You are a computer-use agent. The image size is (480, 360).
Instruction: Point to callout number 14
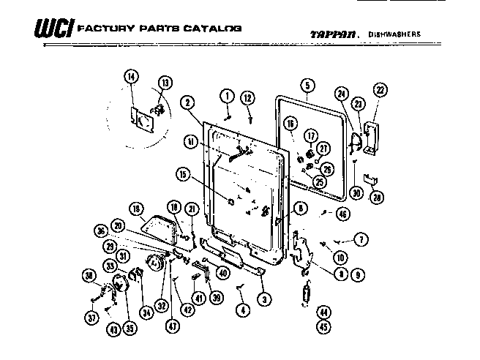coord(130,77)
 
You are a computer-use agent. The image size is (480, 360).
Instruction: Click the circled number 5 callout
coord(307,85)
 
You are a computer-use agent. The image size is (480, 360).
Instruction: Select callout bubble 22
coord(379,90)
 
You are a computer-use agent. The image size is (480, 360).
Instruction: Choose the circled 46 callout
coord(342,213)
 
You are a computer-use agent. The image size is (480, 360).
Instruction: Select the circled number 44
coord(322,312)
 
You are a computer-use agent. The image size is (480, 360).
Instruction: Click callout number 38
coord(89,276)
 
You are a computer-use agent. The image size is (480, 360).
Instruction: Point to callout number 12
coord(248,97)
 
